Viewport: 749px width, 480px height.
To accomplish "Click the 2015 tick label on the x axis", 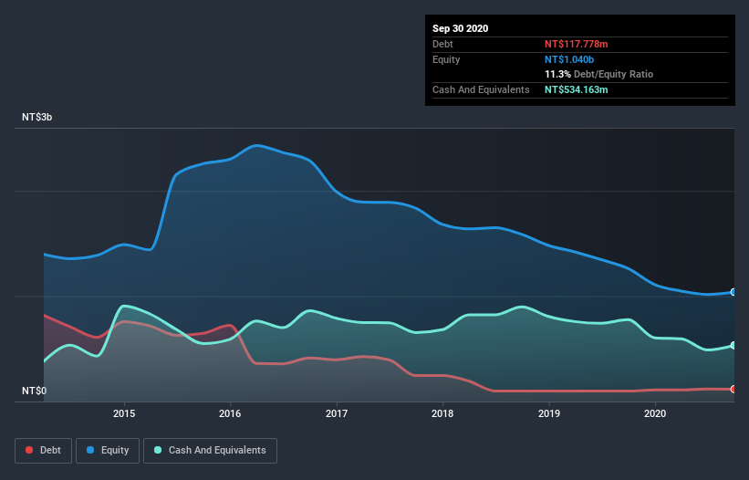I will [124, 413].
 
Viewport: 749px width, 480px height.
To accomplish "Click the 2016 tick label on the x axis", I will [230, 413].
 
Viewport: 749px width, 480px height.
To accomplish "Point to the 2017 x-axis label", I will [337, 413].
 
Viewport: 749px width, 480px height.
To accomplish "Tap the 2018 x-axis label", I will [442, 413].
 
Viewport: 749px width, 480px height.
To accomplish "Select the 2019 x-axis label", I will [549, 413].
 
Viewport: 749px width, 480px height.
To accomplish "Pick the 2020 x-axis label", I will [655, 413].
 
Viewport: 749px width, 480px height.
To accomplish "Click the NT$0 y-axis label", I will [35, 391].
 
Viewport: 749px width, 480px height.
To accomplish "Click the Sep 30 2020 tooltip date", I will [460, 28].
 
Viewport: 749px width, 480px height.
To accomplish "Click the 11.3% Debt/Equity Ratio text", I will [598, 74].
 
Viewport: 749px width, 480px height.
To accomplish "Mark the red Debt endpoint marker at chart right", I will [733, 389].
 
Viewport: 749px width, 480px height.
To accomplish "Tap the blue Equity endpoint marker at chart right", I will [733, 292].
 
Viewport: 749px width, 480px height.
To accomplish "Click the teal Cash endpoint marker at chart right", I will [733, 345].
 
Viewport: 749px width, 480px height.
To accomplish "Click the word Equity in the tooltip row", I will [446, 59].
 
